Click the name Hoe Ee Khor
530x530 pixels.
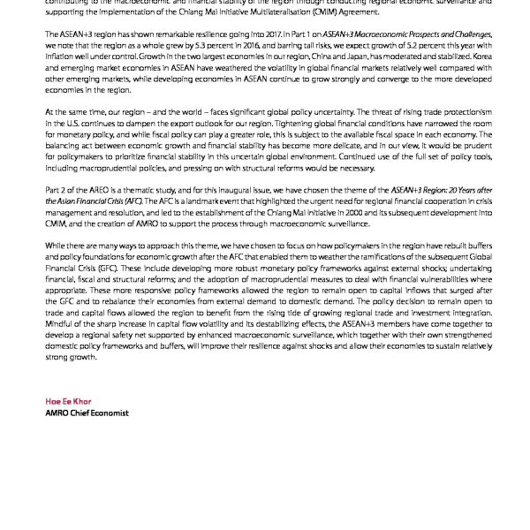click(x=67, y=401)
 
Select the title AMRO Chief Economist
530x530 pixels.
click(x=87, y=413)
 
